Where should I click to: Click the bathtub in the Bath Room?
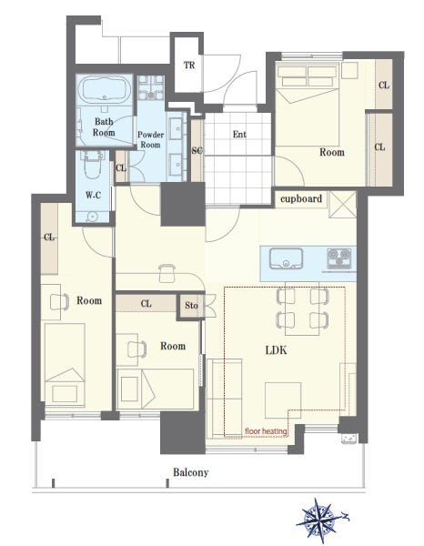point(104,89)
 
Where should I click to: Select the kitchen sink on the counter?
point(286,258)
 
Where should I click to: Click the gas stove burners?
point(339,258)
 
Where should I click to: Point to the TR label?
point(189,66)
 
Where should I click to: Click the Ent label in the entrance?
point(239,134)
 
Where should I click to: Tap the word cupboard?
point(301,198)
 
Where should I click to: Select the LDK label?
point(276,350)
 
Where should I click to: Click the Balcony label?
point(191,472)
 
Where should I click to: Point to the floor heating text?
point(266,431)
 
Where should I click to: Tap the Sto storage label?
point(191,306)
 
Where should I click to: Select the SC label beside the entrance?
point(197,150)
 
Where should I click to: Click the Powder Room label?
point(151,139)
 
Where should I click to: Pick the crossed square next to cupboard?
point(342,205)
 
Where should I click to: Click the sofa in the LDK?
point(225,398)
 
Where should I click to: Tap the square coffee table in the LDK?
point(283,400)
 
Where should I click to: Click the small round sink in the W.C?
point(92,217)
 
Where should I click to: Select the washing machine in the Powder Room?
point(151,87)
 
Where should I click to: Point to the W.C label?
point(94,195)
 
